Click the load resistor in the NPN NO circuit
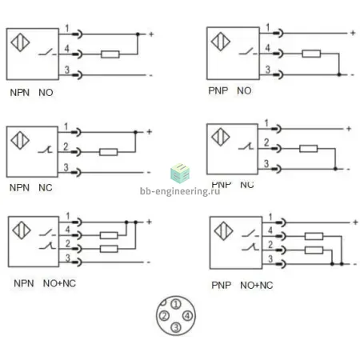click(x=110, y=54)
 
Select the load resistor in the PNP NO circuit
click(x=311, y=54)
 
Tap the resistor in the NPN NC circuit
click(x=108, y=152)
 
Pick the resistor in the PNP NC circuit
click(x=309, y=149)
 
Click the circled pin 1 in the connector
click(x=176, y=304)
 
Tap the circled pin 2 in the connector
click(x=164, y=316)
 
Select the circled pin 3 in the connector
click(x=176, y=327)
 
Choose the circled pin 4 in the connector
click(x=187, y=316)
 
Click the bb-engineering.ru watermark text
click(x=180, y=191)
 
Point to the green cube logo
click(x=180, y=173)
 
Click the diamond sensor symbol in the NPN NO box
click(x=20, y=42)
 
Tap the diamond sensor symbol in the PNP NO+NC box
click(x=223, y=231)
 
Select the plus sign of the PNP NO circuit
click(x=353, y=33)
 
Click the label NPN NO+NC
click(x=45, y=283)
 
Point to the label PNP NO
click(x=230, y=90)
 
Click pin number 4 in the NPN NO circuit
click(x=66, y=48)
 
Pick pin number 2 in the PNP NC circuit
click(x=266, y=142)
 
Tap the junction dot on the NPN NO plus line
click(x=138, y=34)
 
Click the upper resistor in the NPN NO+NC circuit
click(x=109, y=235)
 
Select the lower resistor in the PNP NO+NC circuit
click(x=314, y=250)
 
